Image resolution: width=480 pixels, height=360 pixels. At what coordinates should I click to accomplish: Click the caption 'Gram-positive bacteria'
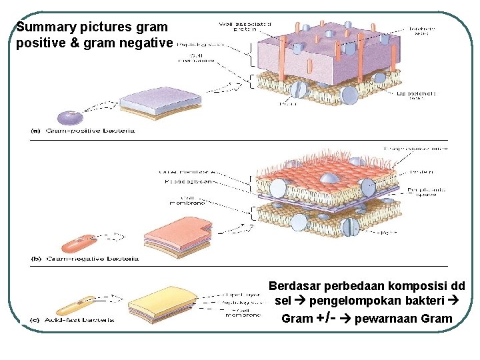click(89, 131)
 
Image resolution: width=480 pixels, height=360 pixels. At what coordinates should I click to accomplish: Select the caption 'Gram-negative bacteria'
click(91, 258)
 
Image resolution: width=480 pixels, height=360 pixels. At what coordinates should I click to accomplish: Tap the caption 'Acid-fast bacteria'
click(79, 320)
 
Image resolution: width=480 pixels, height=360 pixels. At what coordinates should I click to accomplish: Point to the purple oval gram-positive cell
click(69, 118)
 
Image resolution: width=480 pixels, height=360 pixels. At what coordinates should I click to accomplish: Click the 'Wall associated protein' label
click(245, 27)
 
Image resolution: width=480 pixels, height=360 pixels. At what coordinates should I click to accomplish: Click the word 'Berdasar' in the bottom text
click(292, 286)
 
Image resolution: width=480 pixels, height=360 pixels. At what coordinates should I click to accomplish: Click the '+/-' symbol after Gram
click(322, 317)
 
